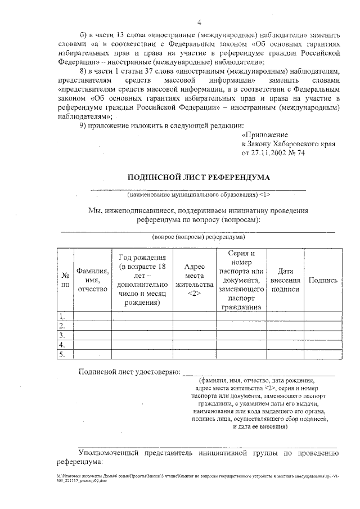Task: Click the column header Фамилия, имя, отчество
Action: point(93,280)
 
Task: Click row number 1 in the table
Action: point(63,316)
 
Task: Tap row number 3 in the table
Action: point(63,335)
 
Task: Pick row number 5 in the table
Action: point(63,354)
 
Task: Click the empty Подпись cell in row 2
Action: point(323,326)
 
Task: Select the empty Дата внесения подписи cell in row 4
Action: point(285,345)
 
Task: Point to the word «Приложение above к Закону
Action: point(264,136)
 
